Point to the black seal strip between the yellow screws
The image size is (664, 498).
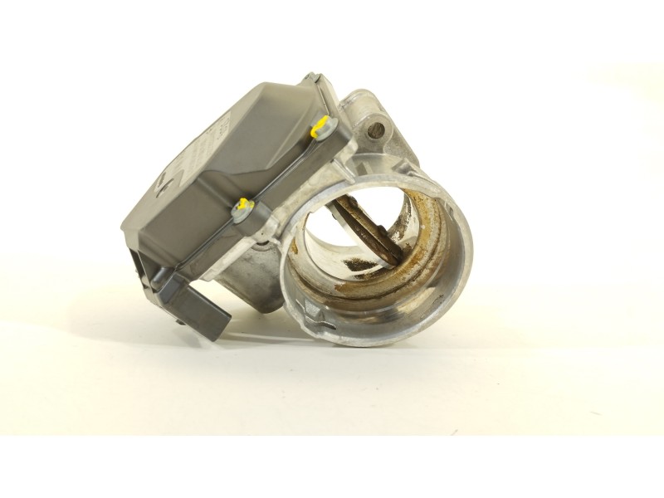[282, 170]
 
